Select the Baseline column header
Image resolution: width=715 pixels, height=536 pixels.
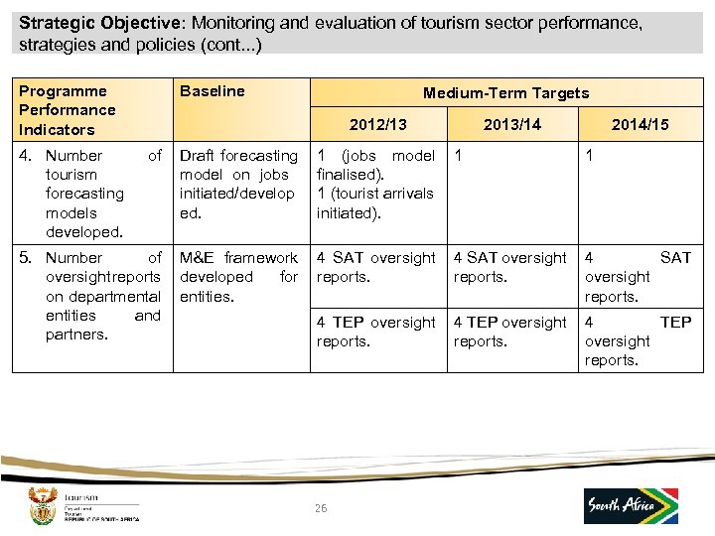(x=212, y=91)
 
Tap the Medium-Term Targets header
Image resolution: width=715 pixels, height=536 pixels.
(x=505, y=93)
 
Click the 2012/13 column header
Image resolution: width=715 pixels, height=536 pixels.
(x=377, y=124)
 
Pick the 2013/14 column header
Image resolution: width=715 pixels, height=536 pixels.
(x=511, y=124)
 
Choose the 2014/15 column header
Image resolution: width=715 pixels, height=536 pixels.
(x=640, y=124)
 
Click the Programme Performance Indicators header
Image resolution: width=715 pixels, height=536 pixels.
(x=67, y=110)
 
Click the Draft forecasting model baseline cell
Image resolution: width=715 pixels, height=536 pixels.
(x=238, y=184)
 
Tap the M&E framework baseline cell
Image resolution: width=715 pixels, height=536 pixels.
(x=238, y=277)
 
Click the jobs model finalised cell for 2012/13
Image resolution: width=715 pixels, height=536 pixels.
(x=375, y=184)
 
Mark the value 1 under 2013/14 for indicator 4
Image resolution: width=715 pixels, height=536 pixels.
(x=459, y=156)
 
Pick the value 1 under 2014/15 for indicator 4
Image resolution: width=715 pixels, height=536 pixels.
(x=590, y=156)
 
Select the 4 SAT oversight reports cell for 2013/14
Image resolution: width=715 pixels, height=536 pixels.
(x=509, y=267)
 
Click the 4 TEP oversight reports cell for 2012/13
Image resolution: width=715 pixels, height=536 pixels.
(x=375, y=332)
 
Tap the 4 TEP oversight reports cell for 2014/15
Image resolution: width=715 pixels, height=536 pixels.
(x=638, y=340)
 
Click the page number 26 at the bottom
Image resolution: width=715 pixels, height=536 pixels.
(x=320, y=508)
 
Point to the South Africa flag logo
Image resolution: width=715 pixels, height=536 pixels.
(x=631, y=505)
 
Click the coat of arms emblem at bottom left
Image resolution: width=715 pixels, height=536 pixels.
(x=42, y=504)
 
